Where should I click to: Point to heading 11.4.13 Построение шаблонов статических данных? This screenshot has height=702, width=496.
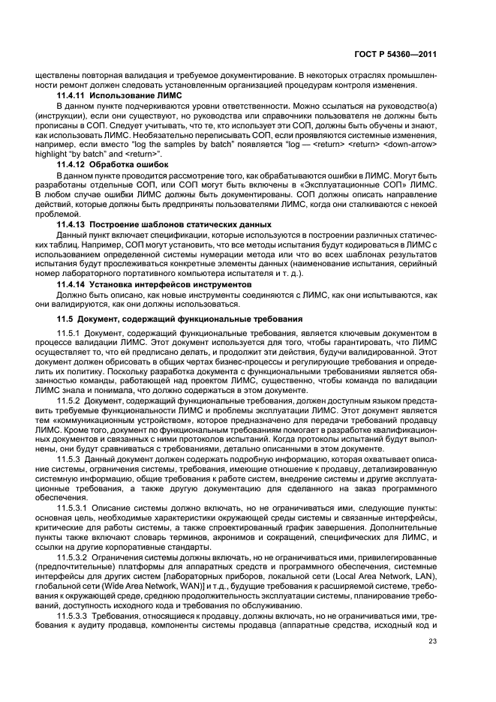(164, 224)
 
